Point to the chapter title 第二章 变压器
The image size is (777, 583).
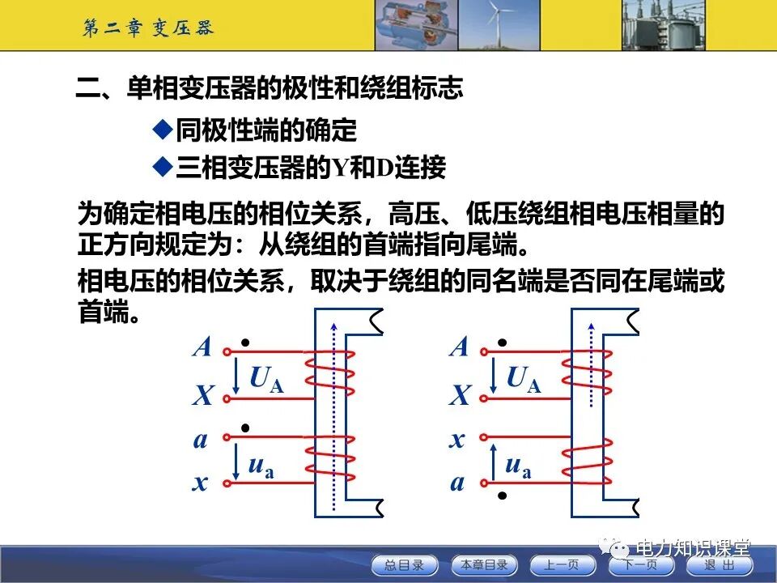(148, 28)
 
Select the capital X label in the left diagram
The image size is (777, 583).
(202, 397)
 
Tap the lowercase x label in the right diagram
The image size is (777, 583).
(458, 440)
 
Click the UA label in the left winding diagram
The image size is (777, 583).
(265, 378)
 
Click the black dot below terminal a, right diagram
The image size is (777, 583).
(502, 495)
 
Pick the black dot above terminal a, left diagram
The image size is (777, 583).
(245, 427)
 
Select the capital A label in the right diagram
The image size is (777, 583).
(459, 347)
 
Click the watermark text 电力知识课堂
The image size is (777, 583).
(694, 547)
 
